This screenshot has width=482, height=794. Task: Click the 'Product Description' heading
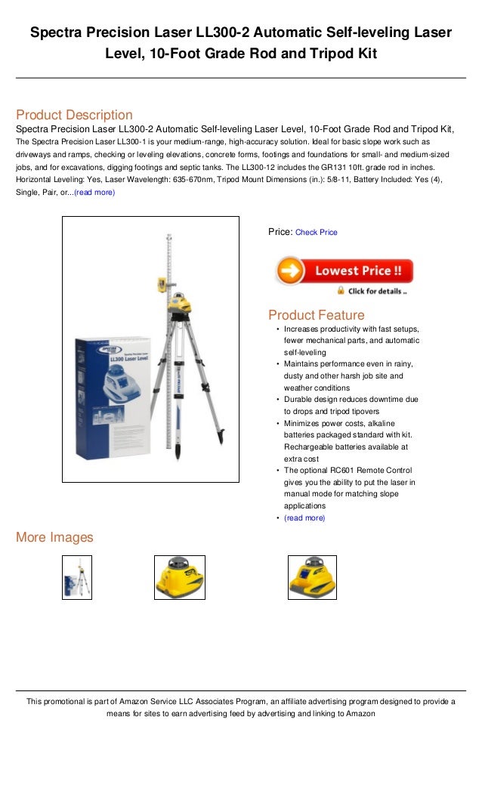(x=74, y=115)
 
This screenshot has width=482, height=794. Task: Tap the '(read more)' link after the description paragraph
(x=94, y=192)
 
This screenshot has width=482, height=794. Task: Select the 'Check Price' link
(x=316, y=233)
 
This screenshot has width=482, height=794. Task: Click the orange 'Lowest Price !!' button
(x=344, y=271)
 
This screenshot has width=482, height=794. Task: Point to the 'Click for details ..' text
(x=377, y=291)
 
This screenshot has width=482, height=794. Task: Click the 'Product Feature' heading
(x=316, y=315)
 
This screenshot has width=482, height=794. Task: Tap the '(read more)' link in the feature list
(x=304, y=518)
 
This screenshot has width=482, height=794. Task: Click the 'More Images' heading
(x=54, y=538)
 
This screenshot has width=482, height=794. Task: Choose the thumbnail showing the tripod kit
(x=77, y=578)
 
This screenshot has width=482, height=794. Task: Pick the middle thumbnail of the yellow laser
(x=179, y=578)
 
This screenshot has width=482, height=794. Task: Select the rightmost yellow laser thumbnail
(x=312, y=578)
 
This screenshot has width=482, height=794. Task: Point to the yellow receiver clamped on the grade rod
(x=161, y=284)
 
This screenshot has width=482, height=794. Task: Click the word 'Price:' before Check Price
(x=280, y=232)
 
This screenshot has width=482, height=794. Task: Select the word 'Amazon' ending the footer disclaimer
(x=360, y=713)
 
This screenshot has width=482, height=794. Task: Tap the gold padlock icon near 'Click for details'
(x=341, y=290)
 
